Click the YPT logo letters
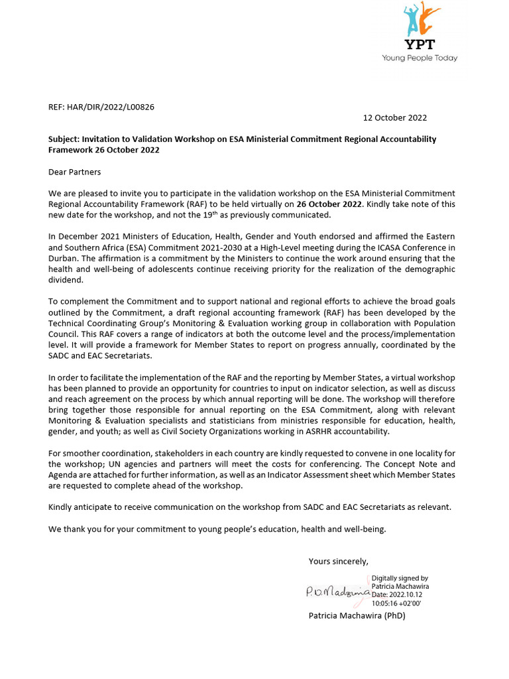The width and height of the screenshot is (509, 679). tap(419, 45)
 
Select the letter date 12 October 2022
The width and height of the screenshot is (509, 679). tap(395, 118)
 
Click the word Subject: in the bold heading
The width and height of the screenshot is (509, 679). tap(64, 139)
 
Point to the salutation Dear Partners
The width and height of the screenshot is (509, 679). tap(75, 172)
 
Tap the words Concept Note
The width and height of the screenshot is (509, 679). tap(431, 464)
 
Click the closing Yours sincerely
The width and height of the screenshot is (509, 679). tap(338, 562)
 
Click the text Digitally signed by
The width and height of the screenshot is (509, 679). tap(400, 578)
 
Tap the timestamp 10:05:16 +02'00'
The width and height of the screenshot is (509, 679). tap(396, 603)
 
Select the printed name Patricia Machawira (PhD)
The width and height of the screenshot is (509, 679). tap(357, 616)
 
